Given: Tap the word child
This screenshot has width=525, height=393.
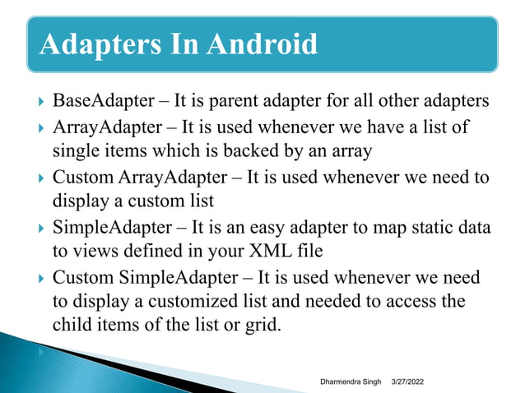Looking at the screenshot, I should click(72, 326).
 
